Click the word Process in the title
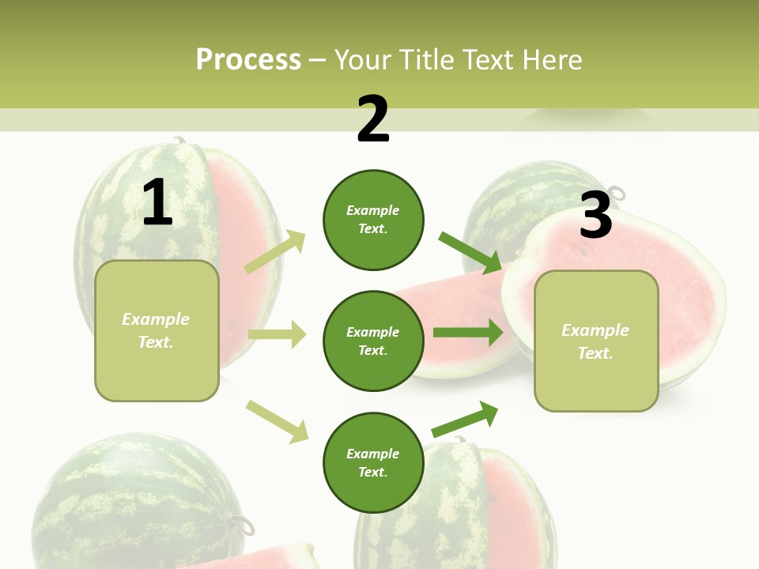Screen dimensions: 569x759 tap(248, 59)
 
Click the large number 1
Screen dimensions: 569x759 tap(157, 203)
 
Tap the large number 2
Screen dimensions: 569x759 tap(373, 119)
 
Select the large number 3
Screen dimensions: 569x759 tap(595, 216)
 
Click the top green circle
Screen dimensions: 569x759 tap(373, 220)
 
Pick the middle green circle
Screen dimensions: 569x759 tap(373, 341)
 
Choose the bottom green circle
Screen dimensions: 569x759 tap(373, 462)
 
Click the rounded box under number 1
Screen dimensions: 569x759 tap(157, 330)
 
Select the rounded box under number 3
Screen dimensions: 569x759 tap(596, 341)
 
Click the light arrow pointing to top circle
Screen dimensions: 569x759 tap(276, 251)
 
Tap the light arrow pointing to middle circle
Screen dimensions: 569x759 tap(277, 334)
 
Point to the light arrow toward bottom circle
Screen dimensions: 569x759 tap(277, 420)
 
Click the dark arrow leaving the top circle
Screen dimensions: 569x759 tap(470, 252)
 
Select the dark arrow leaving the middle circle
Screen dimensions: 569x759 tap(467, 333)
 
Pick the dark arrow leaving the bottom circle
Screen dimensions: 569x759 tap(465, 420)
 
